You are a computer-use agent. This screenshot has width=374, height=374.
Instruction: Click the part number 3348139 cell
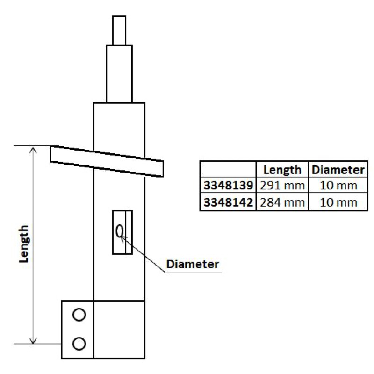pyautogui.click(x=228, y=185)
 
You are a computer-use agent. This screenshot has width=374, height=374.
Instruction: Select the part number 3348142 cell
pyautogui.click(x=228, y=202)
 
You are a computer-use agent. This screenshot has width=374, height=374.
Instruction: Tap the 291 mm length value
pyautogui.click(x=282, y=185)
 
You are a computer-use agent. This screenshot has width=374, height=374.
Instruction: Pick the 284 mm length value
pyautogui.click(x=282, y=202)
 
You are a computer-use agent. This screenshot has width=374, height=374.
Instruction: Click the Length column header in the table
pyautogui.click(x=282, y=170)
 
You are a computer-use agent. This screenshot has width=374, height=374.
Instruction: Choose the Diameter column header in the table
pyautogui.click(x=338, y=170)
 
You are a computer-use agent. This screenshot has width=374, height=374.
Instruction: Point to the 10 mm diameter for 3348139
pyautogui.click(x=338, y=185)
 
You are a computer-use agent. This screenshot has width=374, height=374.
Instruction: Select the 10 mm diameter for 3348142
pyautogui.click(x=338, y=202)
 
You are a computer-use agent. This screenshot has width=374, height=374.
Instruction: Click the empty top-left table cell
pyautogui.click(x=228, y=169)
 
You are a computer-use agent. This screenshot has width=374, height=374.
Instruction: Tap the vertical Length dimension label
pyautogui.click(x=24, y=244)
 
